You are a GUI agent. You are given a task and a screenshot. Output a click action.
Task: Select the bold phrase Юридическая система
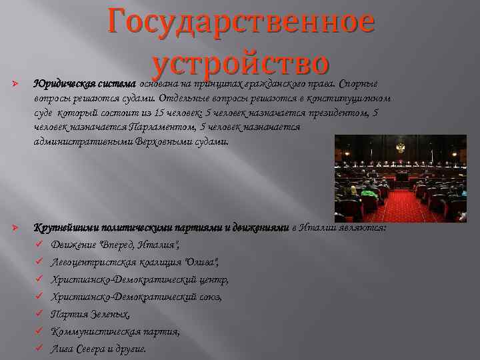point(85,85)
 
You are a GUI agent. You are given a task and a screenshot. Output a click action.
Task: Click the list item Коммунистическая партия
point(115,331)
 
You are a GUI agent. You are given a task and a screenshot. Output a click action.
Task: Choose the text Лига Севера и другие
point(99,349)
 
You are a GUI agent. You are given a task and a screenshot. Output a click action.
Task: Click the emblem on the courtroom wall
point(401,146)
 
